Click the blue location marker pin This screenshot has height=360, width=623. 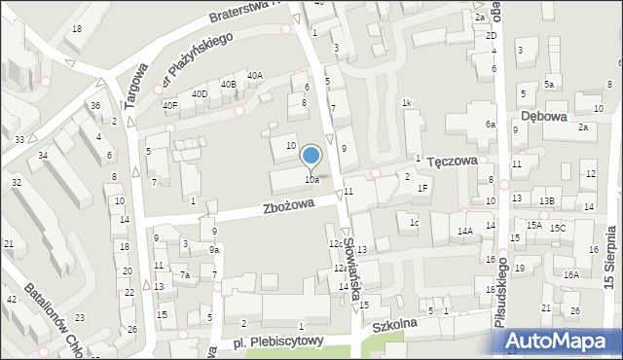(x=311, y=156)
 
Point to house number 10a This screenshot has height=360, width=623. (x=311, y=179)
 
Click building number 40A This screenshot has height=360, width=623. (x=254, y=75)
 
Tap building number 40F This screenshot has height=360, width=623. (x=170, y=105)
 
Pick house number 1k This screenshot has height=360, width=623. (x=407, y=102)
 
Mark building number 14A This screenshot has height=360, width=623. (x=465, y=231)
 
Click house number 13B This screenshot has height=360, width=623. (x=547, y=201)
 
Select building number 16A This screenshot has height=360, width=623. (x=570, y=274)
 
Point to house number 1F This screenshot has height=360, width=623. (x=422, y=188)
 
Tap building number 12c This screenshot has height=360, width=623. (x=334, y=243)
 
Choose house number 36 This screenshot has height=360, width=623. (x=95, y=105)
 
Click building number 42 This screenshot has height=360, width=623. (x=12, y=299)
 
